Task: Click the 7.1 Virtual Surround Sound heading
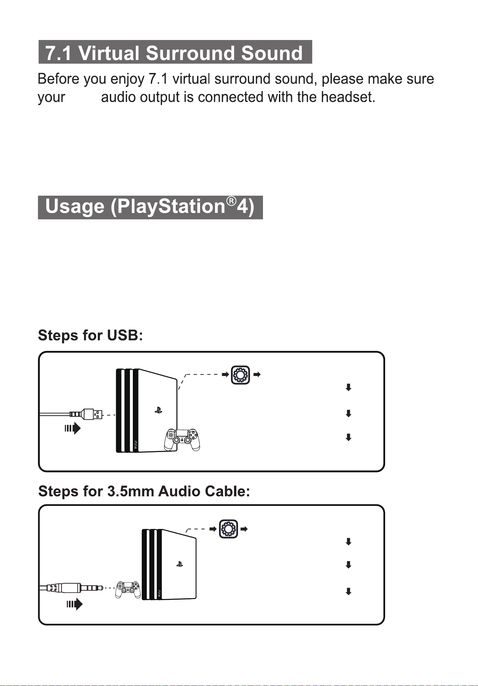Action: pyautogui.click(x=174, y=53)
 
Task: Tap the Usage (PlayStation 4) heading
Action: pyautogui.click(x=150, y=207)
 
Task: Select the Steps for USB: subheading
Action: pyautogui.click(x=90, y=335)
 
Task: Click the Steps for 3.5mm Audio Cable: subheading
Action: pyautogui.click(x=144, y=491)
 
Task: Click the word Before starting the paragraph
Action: pyautogui.click(x=59, y=79)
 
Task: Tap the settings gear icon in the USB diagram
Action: pyautogui.click(x=240, y=375)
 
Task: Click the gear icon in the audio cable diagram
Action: pyautogui.click(x=228, y=529)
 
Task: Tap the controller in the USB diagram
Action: pyautogui.click(x=182, y=440)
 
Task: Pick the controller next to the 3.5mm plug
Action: pyautogui.click(x=128, y=590)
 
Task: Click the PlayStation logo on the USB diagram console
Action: pyautogui.click(x=158, y=411)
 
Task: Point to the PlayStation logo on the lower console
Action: pyautogui.click(x=180, y=564)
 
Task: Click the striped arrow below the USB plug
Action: pyautogui.click(x=73, y=428)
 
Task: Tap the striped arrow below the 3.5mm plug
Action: pyautogui.click(x=75, y=604)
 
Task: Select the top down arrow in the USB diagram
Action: pyautogui.click(x=349, y=387)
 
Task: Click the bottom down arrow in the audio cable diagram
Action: pyautogui.click(x=349, y=592)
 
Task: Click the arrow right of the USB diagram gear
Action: pyautogui.click(x=257, y=375)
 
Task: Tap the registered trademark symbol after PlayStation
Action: pyautogui.click(x=231, y=201)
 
